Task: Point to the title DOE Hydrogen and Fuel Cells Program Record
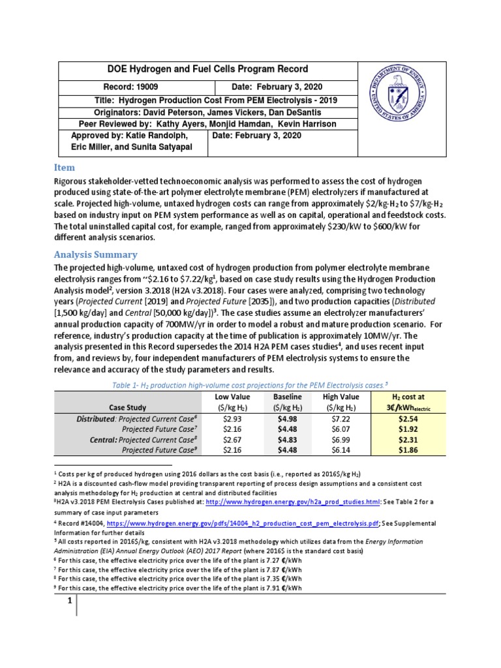pyautogui.click(x=199, y=69)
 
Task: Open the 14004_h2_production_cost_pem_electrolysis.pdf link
pyautogui.click(x=232, y=524)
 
